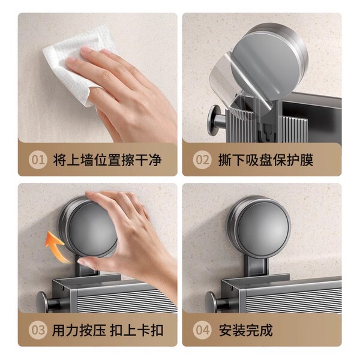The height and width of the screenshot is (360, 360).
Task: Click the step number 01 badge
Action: (38, 160)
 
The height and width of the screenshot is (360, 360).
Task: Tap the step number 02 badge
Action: (202, 160)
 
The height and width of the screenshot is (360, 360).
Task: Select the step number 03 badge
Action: (38, 330)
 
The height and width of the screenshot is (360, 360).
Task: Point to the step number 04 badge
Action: (202, 330)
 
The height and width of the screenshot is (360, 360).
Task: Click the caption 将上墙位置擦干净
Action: (107, 160)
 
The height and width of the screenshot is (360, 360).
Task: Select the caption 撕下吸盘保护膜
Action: (265, 160)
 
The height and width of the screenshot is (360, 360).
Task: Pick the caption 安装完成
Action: (245, 331)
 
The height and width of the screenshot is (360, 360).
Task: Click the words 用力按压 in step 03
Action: (79, 331)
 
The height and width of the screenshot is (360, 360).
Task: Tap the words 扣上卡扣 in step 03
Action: (137, 331)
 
